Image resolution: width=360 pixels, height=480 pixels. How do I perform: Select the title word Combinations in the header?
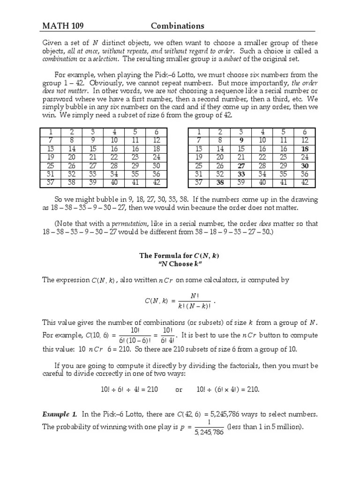click(x=177, y=26)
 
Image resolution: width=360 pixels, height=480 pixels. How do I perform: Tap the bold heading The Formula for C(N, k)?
click(x=180, y=255)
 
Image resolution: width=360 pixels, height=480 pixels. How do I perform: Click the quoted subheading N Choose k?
click(x=180, y=264)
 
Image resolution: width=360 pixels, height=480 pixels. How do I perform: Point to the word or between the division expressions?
click(x=179, y=390)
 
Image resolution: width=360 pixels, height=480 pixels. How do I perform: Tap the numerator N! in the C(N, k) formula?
click(x=195, y=295)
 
